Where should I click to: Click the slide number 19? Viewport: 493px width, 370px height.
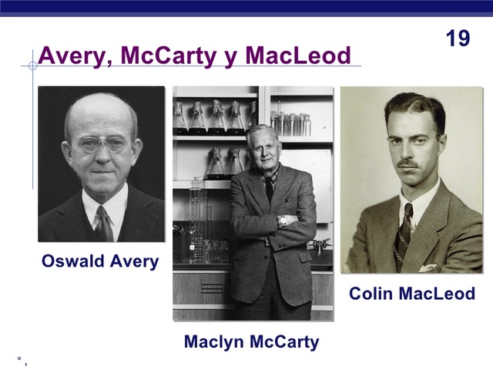pos(458,38)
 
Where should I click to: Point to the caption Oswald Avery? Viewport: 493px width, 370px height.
pos(100,261)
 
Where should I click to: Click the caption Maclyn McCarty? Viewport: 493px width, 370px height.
pos(251,341)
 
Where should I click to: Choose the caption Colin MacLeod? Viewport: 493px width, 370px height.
pos(412,294)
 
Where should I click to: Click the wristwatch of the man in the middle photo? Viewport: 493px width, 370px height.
pos(283,220)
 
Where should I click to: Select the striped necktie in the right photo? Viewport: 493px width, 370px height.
pos(405,224)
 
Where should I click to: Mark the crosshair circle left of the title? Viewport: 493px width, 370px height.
pos(32,66)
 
